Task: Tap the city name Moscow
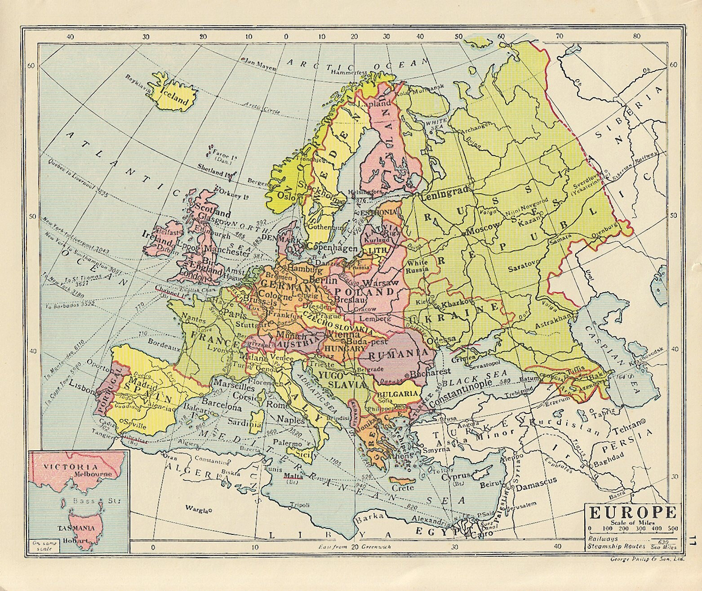(483, 231)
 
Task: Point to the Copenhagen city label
(333, 248)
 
